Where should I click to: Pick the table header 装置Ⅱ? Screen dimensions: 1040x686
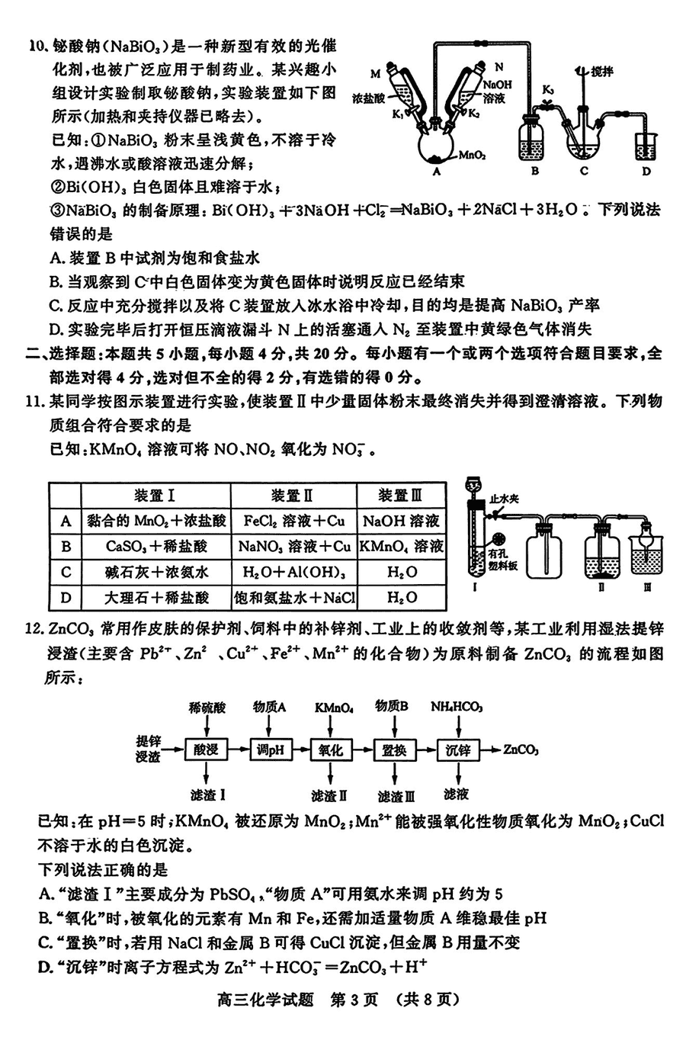(x=293, y=496)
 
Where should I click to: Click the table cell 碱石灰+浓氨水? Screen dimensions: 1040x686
(x=156, y=572)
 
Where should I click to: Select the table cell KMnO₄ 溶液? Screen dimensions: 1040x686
(x=401, y=546)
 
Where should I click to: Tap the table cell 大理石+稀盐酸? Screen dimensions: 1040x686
(x=156, y=597)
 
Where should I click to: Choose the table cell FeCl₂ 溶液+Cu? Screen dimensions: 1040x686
(x=293, y=521)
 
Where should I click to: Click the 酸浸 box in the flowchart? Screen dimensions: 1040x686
(x=207, y=750)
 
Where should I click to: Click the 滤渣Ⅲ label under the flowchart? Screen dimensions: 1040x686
(x=396, y=796)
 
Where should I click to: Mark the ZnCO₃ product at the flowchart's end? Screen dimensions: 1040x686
(x=521, y=750)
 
